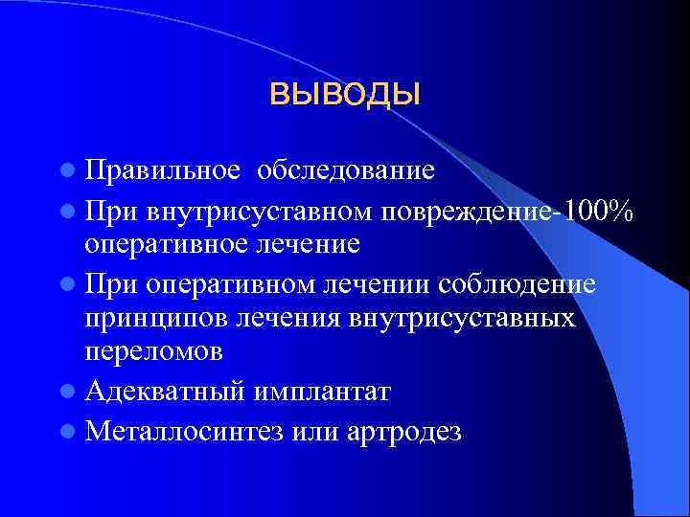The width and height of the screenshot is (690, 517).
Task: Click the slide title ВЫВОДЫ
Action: pyautogui.click(x=346, y=95)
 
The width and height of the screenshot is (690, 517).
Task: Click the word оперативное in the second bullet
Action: pyautogui.click(x=168, y=244)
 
